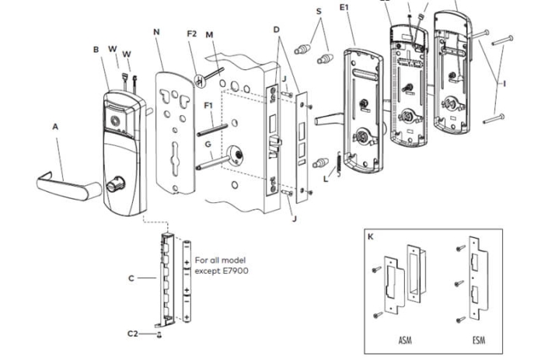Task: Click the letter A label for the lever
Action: pyautogui.click(x=55, y=126)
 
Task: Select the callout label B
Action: pyautogui.click(x=96, y=50)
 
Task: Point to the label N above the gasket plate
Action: pyautogui.click(x=157, y=33)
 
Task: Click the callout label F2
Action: pyautogui.click(x=192, y=34)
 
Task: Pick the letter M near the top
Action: pyautogui.click(x=209, y=34)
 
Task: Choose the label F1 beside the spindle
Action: pyautogui.click(x=208, y=105)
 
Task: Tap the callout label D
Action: pyautogui.click(x=276, y=30)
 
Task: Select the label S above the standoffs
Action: pyautogui.click(x=319, y=12)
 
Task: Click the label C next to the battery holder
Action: pyautogui.click(x=131, y=277)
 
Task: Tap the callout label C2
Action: pyautogui.click(x=133, y=333)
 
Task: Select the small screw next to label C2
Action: pyautogui.click(x=159, y=334)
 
